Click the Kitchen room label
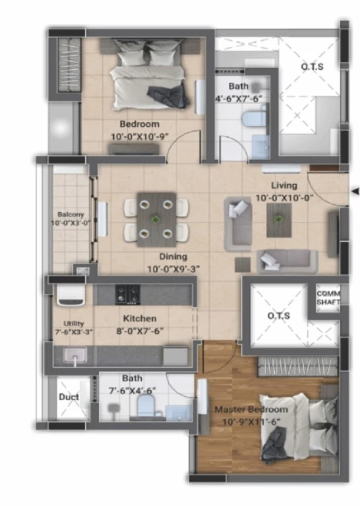(x=140, y=319)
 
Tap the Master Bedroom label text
(x=251, y=410)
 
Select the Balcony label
(x=71, y=215)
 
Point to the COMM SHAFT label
(x=328, y=298)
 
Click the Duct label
(x=69, y=397)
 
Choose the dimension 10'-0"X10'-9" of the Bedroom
(x=140, y=136)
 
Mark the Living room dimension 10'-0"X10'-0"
(x=284, y=198)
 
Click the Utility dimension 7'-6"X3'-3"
(x=74, y=332)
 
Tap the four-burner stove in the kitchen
(x=127, y=295)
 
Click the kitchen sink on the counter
(x=75, y=355)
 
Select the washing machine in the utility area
(x=71, y=295)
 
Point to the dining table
(x=156, y=220)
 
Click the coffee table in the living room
(x=279, y=220)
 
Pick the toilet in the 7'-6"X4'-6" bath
(x=146, y=407)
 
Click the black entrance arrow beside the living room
(x=355, y=191)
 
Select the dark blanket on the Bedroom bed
(x=167, y=96)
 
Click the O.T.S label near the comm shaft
(x=279, y=316)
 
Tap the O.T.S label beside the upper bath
(x=312, y=67)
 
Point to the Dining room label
(x=173, y=257)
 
